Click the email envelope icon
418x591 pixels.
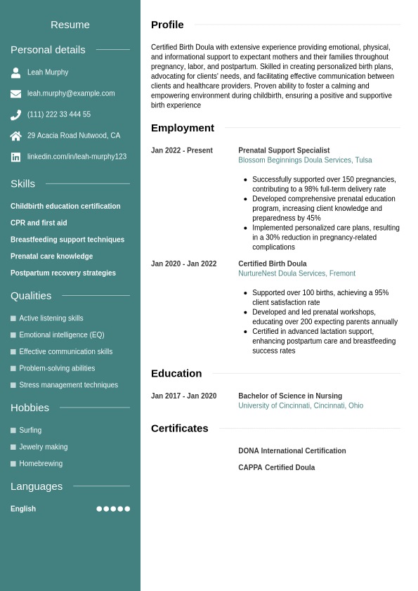coord(15,93)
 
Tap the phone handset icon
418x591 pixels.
coord(15,115)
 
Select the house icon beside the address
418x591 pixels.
coord(15,136)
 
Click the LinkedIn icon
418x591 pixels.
coord(15,157)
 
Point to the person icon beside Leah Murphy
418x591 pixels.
coord(15,72)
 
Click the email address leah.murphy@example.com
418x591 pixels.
coord(71,93)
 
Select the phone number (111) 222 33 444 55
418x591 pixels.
coord(59,115)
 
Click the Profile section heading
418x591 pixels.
coord(167,25)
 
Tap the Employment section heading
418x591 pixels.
coord(183,128)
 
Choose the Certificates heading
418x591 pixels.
coord(180,428)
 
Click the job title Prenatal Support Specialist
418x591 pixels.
coord(284,150)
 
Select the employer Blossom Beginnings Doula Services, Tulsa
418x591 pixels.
coord(305,160)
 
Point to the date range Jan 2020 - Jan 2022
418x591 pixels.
coord(184,264)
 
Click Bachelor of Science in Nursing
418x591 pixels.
coord(290,396)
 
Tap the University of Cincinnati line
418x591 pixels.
coord(301,406)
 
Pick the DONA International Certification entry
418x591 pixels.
coord(292,451)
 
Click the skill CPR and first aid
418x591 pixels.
coord(39,223)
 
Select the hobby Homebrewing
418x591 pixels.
coord(41,464)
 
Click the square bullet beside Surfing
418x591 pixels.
coord(13,430)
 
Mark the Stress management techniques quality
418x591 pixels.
coord(68,385)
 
